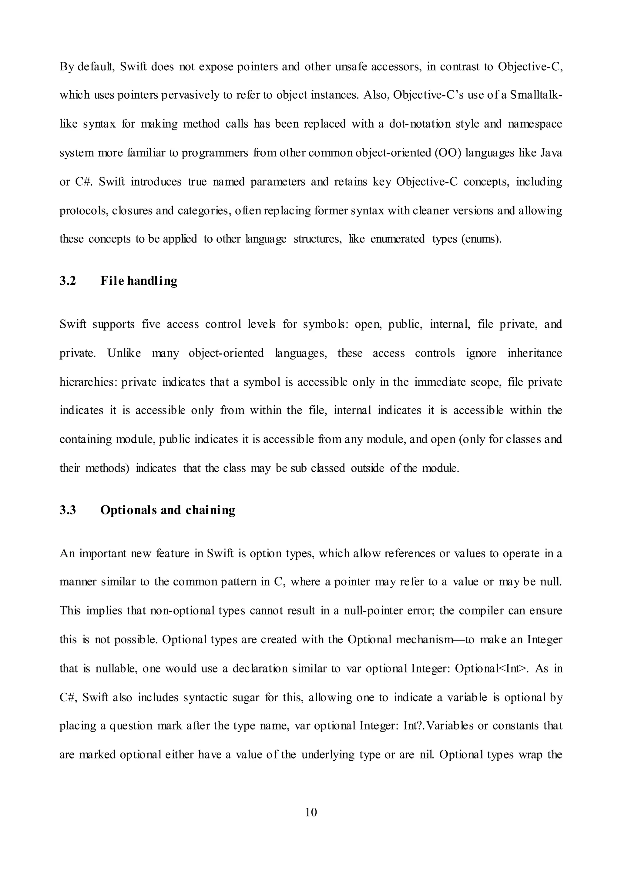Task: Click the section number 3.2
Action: pyautogui.click(x=68, y=281)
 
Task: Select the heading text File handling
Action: pyautogui.click(x=139, y=281)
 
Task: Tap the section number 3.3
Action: pyautogui.click(x=68, y=510)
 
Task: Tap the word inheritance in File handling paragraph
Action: pyautogui.click(x=535, y=353)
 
